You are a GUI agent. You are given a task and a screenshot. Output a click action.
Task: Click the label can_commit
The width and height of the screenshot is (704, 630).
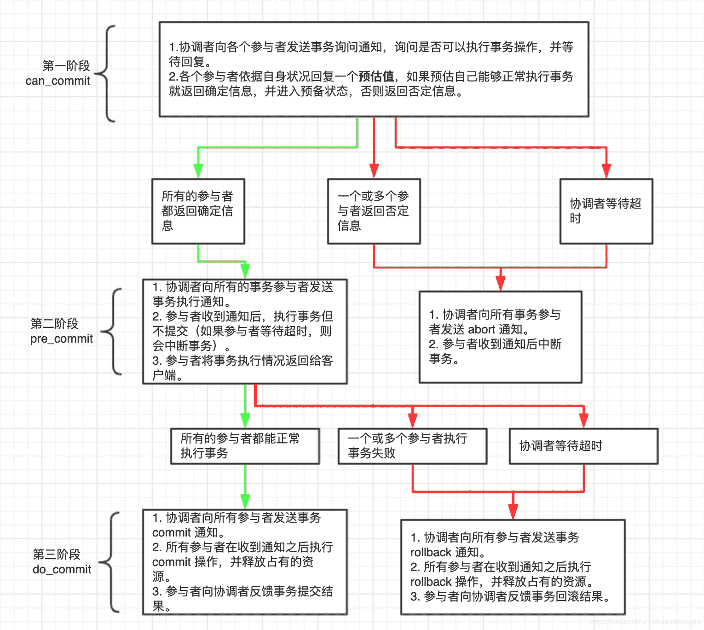coord(58,81)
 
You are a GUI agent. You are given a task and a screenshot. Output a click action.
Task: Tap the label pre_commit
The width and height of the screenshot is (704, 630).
coord(61,339)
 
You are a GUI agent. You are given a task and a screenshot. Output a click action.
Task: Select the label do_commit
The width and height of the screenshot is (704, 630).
coord(62,570)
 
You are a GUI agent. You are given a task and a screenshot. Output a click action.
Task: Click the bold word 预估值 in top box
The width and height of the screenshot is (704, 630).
coord(376,76)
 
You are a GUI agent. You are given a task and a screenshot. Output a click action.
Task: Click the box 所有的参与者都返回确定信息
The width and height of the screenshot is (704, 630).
coord(198,211)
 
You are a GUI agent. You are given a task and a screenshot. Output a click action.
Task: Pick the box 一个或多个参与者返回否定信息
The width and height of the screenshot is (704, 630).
coord(374,211)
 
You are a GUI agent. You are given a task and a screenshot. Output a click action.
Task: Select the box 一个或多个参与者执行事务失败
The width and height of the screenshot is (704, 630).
coord(412,446)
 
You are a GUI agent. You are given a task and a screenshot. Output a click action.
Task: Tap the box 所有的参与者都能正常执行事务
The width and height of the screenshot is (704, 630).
coord(245,446)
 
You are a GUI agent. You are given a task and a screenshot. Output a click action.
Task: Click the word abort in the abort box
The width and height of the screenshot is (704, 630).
coord(481,330)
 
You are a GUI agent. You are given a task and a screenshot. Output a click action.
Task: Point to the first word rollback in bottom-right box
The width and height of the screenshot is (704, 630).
coord(431,553)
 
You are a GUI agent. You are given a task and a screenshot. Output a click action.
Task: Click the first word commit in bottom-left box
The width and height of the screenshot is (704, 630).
coord(171,533)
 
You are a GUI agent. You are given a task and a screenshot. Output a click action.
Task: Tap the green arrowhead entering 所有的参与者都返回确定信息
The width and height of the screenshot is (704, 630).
coord(198,171)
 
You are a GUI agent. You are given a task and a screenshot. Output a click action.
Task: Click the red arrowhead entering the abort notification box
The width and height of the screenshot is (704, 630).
coord(501,283)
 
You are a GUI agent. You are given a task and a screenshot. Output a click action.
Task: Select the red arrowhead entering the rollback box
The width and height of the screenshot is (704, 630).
coord(513,512)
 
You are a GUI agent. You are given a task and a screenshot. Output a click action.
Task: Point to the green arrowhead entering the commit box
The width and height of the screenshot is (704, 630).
coord(245,502)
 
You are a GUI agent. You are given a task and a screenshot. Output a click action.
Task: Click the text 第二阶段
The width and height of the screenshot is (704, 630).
coord(54,324)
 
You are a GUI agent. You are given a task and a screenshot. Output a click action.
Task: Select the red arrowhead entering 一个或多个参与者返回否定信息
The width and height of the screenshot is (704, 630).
coord(374,171)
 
